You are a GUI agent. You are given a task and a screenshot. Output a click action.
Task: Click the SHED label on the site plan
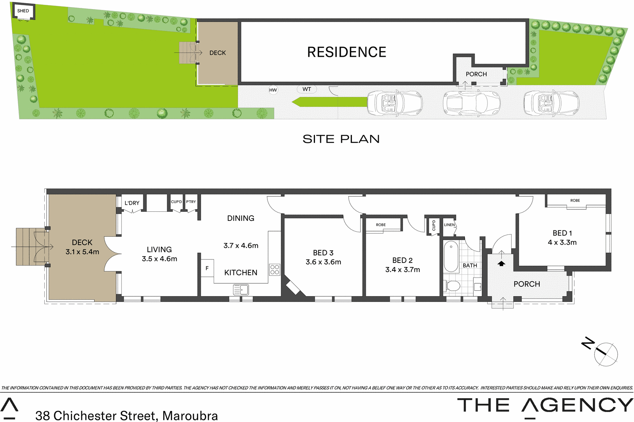pos(23,11)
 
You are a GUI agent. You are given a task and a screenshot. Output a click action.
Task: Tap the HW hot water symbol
pos(273,90)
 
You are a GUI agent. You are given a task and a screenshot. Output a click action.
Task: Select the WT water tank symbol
pos(307,89)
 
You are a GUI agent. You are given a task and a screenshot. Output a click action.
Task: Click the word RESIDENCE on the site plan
pos(346,52)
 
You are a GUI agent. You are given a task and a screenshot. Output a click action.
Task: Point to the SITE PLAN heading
pos(341,139)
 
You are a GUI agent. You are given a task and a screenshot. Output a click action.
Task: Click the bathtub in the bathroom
pos(451,256)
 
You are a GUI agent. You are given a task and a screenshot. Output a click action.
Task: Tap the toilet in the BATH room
pos(452,286)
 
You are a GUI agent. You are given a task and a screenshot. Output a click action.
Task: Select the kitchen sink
pos(241,290)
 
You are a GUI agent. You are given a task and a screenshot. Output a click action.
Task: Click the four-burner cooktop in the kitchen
pos(275,270)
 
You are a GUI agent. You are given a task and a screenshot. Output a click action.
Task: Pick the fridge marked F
pos(207,269)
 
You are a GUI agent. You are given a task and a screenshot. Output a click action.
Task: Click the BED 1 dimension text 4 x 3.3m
pos(562,242)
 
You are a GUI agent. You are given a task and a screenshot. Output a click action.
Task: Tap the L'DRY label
pos(132,203)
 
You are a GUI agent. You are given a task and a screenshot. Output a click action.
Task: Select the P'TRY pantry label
pos(191,202)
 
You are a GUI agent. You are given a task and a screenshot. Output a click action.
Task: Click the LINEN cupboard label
pos(449,225)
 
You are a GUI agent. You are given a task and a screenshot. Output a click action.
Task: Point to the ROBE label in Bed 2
pos(381,225)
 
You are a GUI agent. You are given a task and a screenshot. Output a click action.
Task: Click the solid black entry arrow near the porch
pos(501,263)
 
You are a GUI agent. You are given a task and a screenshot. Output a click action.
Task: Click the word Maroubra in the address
pos(190,415)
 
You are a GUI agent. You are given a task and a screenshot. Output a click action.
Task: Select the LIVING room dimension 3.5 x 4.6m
pos(159,259)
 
